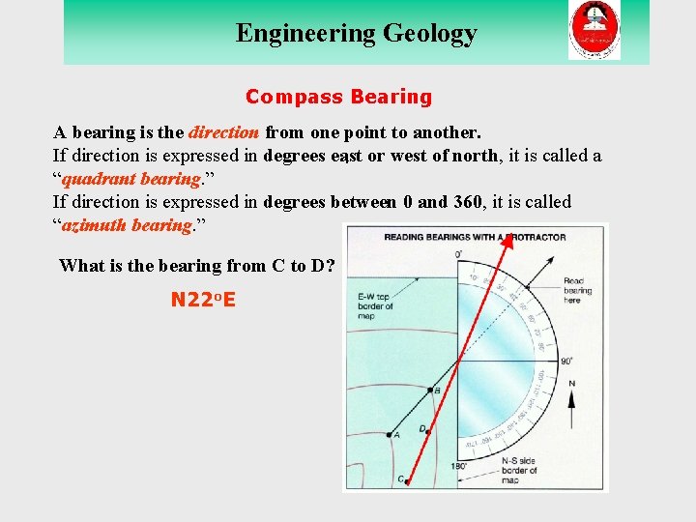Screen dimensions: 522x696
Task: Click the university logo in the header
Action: tap(594, 30)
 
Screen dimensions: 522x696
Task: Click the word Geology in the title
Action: tap(430, 34)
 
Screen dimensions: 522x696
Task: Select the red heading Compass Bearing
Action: tap(338, 97)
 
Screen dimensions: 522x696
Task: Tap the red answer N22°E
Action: tap(203, 300)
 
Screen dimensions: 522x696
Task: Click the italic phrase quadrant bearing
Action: tap(131, 179)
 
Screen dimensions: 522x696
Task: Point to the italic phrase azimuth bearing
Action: tap(126, 225)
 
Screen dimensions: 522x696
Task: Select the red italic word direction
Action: tap(224, 132)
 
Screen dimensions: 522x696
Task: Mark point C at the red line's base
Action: tap(406, 479)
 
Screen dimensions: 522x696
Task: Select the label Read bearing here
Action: tap(577, 290)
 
